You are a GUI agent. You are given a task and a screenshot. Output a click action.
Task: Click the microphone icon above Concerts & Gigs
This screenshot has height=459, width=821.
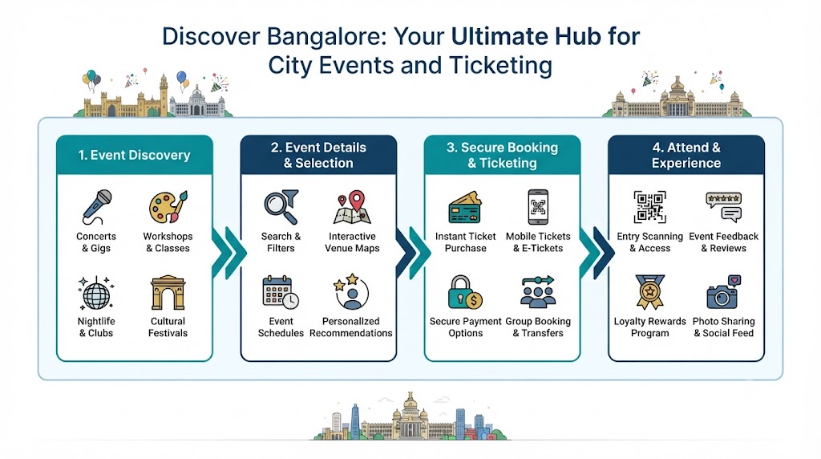(x=97, y=207)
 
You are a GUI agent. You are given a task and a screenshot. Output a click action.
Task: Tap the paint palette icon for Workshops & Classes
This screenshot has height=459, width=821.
(x=168, y=207)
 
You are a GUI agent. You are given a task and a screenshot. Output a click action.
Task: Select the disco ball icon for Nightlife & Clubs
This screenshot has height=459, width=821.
(x=96, y=294)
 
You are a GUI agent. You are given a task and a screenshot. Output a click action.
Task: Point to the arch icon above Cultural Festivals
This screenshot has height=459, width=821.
(x=168, y=292)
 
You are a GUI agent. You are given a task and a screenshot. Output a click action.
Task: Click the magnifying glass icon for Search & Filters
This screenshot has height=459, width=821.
(x=281, y=207)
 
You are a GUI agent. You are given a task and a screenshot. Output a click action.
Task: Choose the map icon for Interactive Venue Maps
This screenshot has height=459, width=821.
(x=353, y=208)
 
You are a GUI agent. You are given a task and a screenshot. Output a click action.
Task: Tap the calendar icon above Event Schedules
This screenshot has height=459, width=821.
(x=281, y=293)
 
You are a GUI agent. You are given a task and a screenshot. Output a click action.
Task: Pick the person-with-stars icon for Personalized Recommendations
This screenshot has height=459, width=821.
(x=351, y=292)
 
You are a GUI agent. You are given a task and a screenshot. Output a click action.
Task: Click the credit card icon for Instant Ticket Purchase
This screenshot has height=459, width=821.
(x=465, y=208)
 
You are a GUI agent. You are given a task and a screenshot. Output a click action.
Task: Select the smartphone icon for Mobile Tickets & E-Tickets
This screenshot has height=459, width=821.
(x=538, y=207)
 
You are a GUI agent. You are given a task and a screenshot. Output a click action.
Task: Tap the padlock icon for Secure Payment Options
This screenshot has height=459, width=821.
(x=465, y=292)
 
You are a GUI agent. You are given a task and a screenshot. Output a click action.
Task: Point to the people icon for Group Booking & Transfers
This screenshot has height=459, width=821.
(x=538, y=291)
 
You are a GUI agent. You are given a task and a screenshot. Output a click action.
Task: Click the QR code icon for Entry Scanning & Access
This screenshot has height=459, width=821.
(x=649, y=207)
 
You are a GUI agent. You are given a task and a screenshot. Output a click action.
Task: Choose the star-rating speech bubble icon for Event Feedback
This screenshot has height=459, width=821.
(x=724, y=207)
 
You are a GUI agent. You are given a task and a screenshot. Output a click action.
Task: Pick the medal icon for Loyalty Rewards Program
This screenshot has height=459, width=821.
(x=649, y=292)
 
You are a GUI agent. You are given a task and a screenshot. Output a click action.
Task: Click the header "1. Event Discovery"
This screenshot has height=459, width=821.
(x=134, y=155)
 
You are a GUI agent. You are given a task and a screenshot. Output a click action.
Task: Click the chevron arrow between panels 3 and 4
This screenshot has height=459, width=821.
(x=597, y=253)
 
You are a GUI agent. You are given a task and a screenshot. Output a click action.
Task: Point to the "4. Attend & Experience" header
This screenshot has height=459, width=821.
(x=686, y=155)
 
